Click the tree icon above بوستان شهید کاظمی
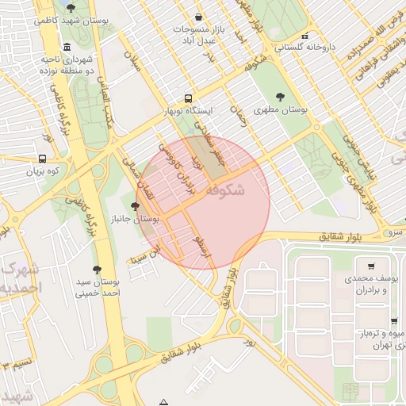[71, 9]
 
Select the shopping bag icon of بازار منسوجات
[197, 17]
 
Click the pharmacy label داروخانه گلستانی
[304, 47]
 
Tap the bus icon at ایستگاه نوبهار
[187, 98]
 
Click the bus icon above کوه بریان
[42, 158]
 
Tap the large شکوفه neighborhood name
[224, 191]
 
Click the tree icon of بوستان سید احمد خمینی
[97, 270]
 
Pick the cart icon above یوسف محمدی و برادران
[371, 266]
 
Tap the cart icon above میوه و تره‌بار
[394, 321]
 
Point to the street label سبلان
[132, 62]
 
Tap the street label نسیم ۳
[14, 365]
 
